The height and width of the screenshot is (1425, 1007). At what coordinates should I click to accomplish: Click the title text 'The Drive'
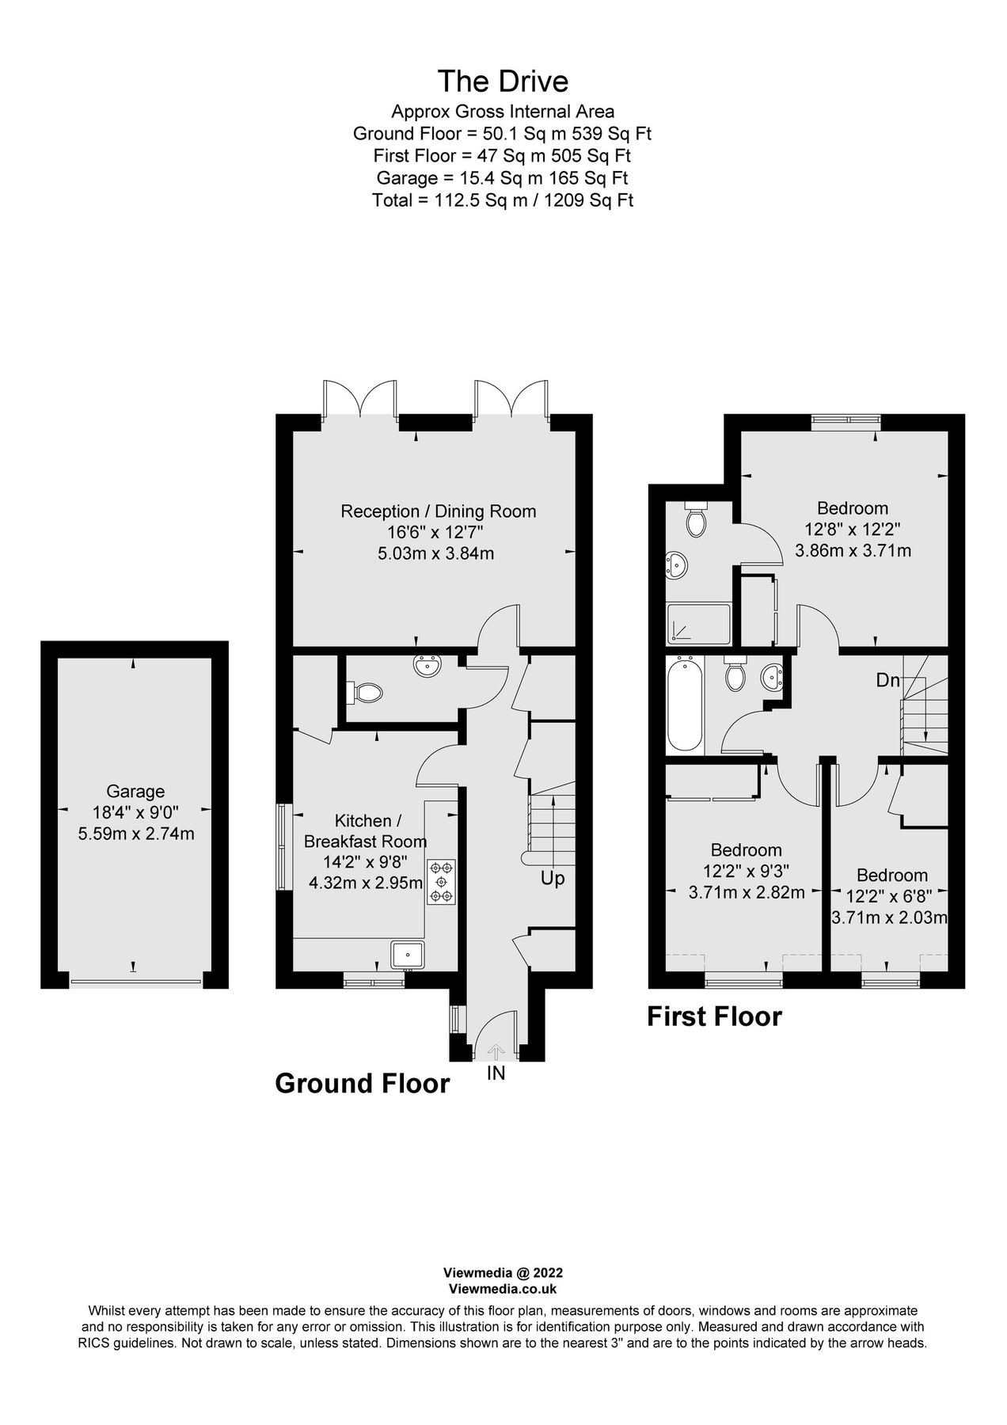(x=503, y=81)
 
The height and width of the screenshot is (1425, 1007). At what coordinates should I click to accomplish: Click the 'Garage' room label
(x=135, y=791)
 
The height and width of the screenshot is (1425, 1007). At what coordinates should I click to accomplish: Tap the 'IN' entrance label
(x=496, y=1074)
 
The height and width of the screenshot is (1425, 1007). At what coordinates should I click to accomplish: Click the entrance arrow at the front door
(x=496, y=1052)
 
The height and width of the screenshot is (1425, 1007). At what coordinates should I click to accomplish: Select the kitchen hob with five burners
(x=441, y=881)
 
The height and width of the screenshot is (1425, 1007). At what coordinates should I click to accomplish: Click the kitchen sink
(x=408, y=955)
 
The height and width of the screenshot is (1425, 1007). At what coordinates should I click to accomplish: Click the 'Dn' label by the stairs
(x=887, y=680)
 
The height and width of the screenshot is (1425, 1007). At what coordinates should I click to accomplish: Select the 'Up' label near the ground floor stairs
(x=553, y=878)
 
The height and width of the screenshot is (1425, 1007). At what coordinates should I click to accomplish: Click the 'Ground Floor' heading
(x=362, y=1083)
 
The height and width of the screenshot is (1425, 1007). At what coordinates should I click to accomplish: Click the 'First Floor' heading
(x=714, y=1016)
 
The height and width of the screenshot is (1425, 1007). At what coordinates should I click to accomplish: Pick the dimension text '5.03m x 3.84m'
(x=435, y=553)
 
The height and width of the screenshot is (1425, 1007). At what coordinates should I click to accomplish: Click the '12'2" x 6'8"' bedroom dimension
(x=889, y=897)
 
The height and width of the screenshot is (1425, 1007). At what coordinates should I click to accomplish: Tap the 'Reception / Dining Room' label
(x=438, y=511)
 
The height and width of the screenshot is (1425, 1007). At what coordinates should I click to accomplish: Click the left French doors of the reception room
(x=360, y=401)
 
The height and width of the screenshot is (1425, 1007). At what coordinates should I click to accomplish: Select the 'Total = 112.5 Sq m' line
(x=503, y=200)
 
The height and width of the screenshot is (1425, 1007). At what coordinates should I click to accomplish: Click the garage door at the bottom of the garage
(x=135, y=982)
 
